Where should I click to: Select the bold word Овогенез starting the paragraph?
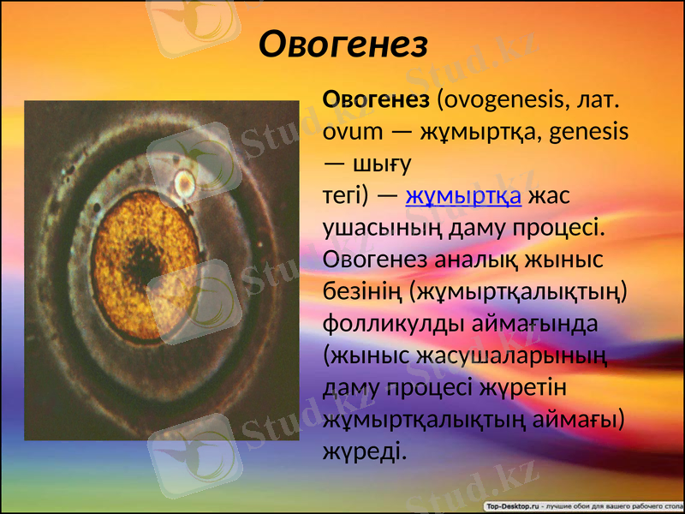pyautogui.click(x=375, y=99)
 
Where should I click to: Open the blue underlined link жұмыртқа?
pyautogui.click(x=463, y=196)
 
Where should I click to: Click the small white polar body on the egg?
pyautogui.click(x=182, y=182)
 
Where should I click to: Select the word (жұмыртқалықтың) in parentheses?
pyautogui.click(x=517, y=292)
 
